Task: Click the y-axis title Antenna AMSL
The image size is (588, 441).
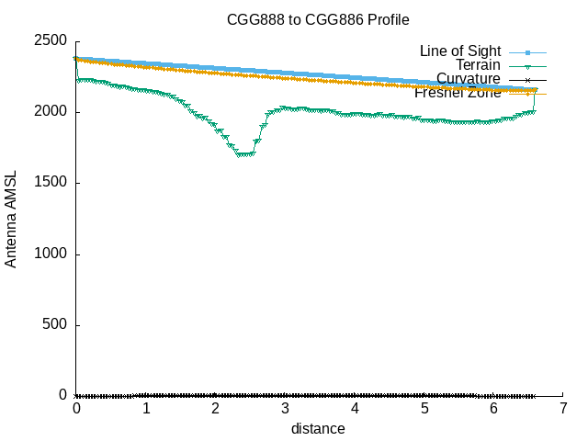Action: click(x=11, y=218)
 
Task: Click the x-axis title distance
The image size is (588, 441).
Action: click(x=318, y=428)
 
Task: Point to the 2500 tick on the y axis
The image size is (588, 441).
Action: click(x=50, y=41)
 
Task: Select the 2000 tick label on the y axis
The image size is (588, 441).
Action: click(x=50, y=112)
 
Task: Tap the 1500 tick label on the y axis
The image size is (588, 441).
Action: click(x=50, y=183)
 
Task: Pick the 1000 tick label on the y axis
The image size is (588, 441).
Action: click(x=50, y=254)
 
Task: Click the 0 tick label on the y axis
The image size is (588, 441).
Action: click(x=63, y=395)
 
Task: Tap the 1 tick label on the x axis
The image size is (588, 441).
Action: click(x=146, y=408)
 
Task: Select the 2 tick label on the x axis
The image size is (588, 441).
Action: click(x=216, y=408)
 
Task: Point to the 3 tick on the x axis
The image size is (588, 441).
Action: click(x=285, y=408)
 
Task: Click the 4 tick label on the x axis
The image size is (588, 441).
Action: click(x=355, y=408)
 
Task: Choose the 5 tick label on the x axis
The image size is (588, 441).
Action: click(x=424, y=408)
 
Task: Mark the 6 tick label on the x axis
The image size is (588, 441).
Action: click(x=493, y=408)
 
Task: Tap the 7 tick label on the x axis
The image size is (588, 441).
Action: click(x=563, y=408)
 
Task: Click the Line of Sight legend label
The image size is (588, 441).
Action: click(x=460, y=51)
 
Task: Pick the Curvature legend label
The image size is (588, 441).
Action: click(x=469, y=78)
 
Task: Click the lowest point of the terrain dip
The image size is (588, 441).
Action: click(x=243, y=154)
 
